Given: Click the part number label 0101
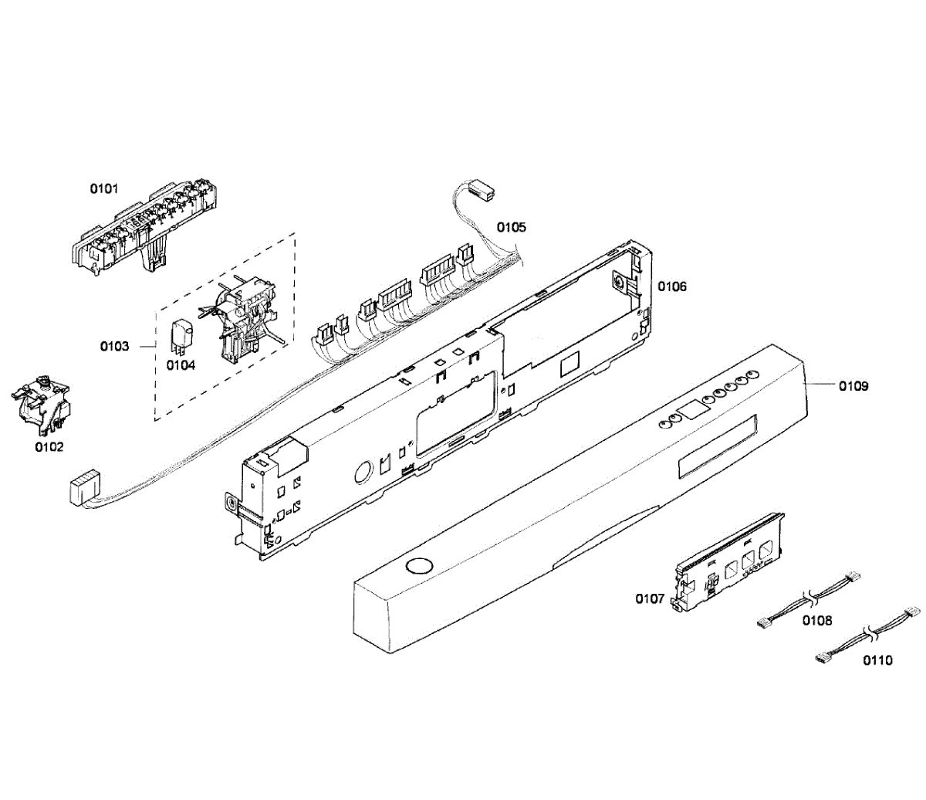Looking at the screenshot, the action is pos(104,188).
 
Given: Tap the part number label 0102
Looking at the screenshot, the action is pos(49,446).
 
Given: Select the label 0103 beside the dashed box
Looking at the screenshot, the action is pos(114,346).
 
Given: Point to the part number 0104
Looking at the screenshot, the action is pos(181,364).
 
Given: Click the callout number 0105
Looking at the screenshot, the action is pos(511,227).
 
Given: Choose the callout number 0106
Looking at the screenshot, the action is pos(671,286).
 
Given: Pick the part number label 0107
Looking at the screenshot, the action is pos(650,598).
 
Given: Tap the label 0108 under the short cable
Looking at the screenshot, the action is pos(816,619).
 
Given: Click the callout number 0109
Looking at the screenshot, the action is pos(853,385).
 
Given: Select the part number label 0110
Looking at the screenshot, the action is pos(877,660).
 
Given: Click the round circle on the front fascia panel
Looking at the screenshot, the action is pos(419,566).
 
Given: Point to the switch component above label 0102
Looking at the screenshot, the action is pos(42,402).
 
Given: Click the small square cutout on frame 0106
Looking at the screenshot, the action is pos(569,361).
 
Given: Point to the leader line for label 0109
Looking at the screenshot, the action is pos(820,384).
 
